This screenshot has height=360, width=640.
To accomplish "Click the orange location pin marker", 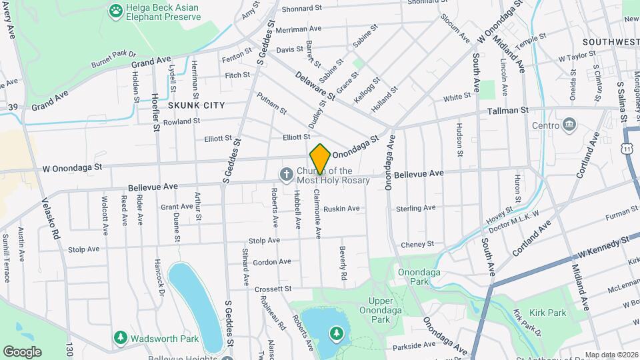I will [x=320, y=159].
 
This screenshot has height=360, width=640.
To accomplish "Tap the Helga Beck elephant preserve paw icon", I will [x=116, y=11].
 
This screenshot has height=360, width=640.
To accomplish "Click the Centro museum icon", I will [x=570, y=125].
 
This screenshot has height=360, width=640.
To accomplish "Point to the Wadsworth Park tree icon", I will [x=120, y=338].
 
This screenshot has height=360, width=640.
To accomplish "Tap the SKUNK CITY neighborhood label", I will [x=196, y=105].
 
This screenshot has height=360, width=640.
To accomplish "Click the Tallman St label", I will [x=508, y=110].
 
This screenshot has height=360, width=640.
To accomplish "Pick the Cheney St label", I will [x=417, y=245].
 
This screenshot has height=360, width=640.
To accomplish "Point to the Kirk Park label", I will [x=547, y=312].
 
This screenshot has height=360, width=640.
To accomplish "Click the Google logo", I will [x=22, y=351].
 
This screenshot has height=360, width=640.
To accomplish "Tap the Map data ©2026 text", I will [x=611, y=355].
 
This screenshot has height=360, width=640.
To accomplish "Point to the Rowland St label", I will [x=181, y=121].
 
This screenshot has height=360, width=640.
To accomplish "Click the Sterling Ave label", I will [x=415, y=209].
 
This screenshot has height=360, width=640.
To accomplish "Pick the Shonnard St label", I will [x=302, y=9].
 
